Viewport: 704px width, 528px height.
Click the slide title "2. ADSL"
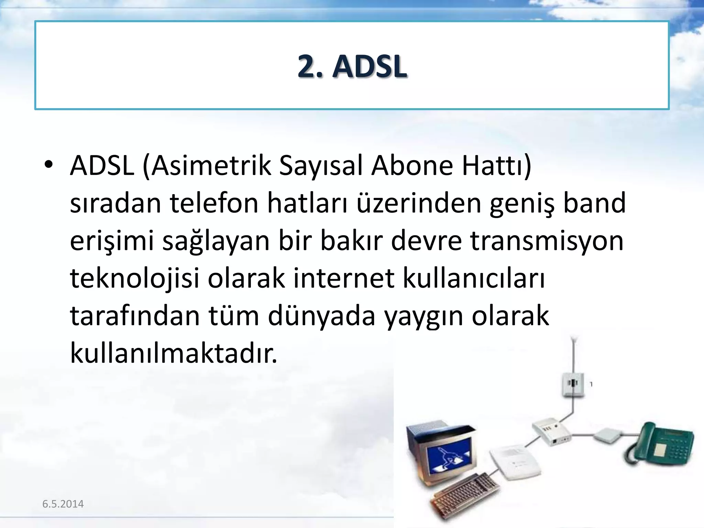(352, 66)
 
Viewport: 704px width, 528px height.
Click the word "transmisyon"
(547, 241)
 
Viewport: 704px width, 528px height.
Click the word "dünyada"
(321, 316)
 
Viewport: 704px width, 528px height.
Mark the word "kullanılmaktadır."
(173, 353)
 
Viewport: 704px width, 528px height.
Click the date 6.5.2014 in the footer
(63, 504)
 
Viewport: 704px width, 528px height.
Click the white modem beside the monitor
(514, 462)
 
